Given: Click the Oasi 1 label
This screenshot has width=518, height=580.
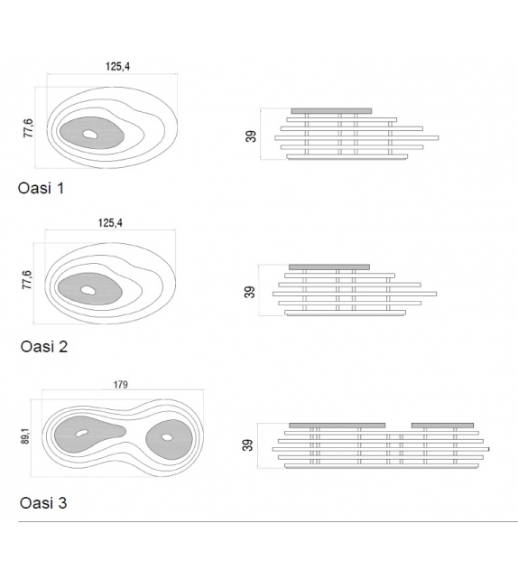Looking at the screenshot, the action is point(41,188).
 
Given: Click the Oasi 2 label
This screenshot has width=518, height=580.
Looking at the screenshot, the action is point(44,347).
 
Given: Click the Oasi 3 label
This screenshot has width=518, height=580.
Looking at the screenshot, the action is point(43,503).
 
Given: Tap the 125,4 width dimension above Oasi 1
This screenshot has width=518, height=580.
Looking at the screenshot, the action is point(118,66).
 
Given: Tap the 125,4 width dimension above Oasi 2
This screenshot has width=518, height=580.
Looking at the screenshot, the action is point(110,222).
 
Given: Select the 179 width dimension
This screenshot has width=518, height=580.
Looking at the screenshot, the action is point(120,385).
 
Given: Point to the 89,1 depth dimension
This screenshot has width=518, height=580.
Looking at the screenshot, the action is point(25,436).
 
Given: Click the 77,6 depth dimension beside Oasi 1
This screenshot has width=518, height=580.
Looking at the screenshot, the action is point(28,128).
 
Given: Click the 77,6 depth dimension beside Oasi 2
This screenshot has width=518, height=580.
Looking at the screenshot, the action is point(27,280).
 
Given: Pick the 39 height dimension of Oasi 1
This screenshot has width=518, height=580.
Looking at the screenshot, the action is point(251,136).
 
